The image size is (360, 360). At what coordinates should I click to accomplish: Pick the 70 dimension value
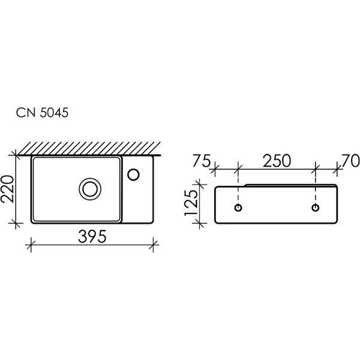click(350, 160)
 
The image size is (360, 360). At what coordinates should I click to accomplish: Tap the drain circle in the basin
click(91, 189)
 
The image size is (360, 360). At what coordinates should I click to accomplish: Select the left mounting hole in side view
click(239, 208)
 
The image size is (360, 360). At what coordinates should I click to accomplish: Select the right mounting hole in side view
click(316, 208)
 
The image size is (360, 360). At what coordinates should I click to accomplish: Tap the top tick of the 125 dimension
click(199, 185)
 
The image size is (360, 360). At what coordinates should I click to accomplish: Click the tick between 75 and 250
click(239, 169)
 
